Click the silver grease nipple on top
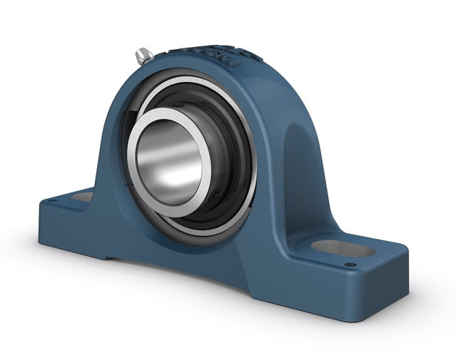(143, 54)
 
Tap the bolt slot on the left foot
(83, 196)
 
